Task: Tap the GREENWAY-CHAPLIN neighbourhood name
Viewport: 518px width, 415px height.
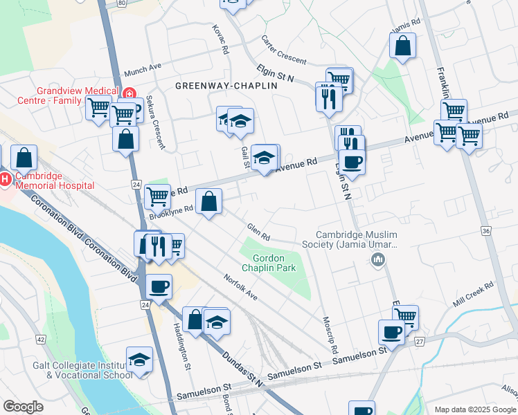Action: (216, 86)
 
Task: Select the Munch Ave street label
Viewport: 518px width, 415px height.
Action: (142, 71)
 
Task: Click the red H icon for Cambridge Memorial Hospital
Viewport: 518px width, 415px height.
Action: (5, 179)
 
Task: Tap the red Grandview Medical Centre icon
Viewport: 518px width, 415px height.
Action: (128, 95)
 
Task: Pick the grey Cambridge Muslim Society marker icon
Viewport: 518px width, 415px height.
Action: (378, 260)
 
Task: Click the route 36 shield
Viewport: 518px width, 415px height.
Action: (485, 230)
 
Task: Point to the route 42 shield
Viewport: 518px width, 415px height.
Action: (41, 340)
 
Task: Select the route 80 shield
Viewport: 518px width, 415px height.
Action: (122, 3)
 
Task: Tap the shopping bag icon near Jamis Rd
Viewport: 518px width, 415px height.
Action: (402, 46)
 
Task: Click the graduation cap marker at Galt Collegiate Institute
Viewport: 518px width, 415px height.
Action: (139, 360)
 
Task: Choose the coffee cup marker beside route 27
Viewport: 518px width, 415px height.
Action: (391, 332)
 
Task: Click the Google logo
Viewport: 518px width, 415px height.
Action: (24, 407)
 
